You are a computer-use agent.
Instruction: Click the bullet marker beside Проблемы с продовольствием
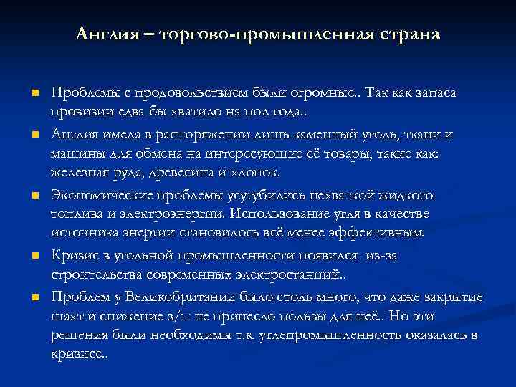(34, 94)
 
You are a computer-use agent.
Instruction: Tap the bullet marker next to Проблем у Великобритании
(34, 297)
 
